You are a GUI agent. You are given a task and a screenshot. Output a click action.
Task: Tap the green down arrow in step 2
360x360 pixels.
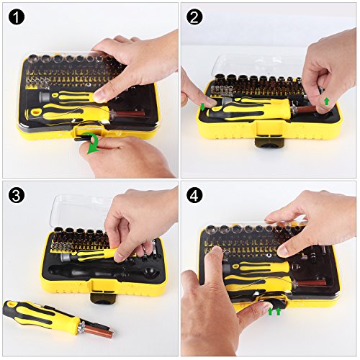tap(203, 106)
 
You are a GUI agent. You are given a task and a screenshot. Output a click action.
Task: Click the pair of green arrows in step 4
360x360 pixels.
tap(274, 311)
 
